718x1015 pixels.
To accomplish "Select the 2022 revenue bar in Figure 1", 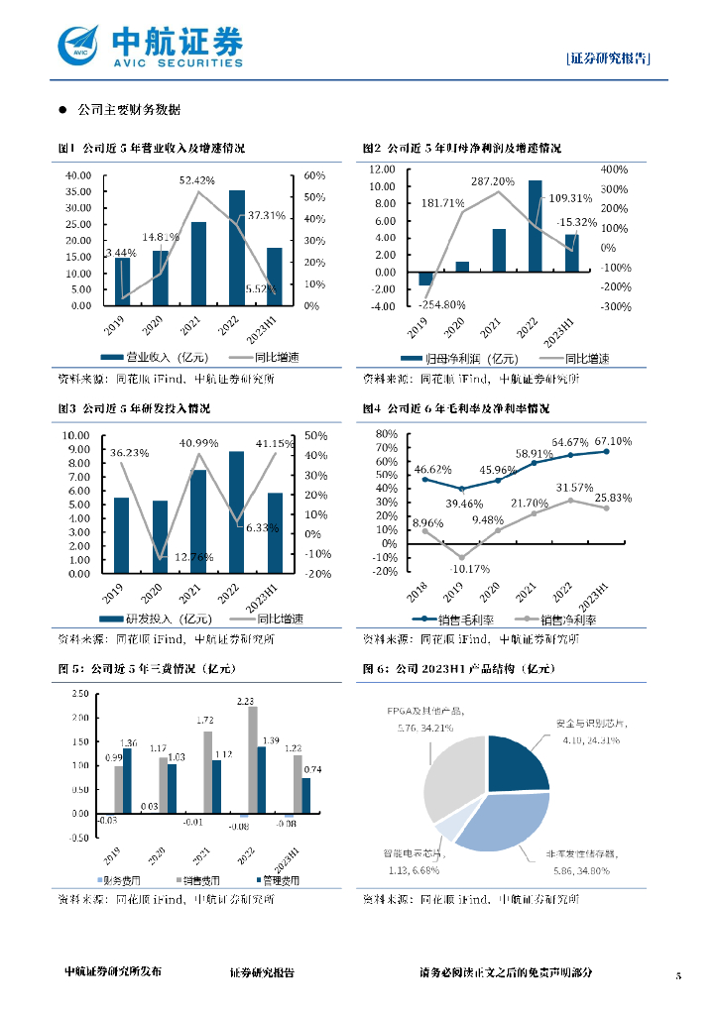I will pyautogui.click(x=236, y=248).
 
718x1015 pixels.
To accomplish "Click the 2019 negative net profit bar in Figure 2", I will pyautogui.click(x=425, y=279).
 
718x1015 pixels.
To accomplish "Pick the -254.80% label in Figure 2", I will pyautogui.click(x=442, y=303).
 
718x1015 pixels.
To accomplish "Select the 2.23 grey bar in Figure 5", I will pyautogui.click(x=252, y=759).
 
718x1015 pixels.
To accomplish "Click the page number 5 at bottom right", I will pyautogui.click(x=678, y=975).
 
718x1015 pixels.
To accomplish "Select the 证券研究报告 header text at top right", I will pyautogui.click(x=609, y=58).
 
